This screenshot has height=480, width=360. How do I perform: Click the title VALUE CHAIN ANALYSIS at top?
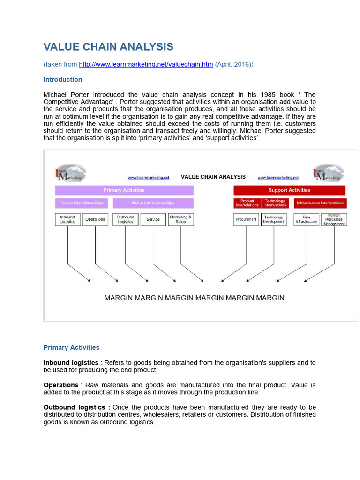[x=108, y=47]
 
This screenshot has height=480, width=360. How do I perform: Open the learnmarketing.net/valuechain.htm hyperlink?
[x=146, y=64]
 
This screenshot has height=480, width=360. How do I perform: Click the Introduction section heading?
[x=63, y=79]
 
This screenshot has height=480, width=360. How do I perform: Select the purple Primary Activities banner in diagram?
[x=124, y=190]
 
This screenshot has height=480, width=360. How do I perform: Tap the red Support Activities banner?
[x=289, y=190]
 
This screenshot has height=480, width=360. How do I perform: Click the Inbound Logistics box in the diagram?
[x=67, y=219]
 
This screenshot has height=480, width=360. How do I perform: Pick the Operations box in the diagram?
[x=95, y=219]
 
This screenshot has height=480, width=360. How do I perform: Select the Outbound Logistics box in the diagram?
[x=125, y=219]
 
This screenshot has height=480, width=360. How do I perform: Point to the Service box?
[x=153, y=219]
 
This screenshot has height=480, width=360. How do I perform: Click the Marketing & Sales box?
[x=180, y=219]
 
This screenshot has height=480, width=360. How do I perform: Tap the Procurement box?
[x=246, y=219]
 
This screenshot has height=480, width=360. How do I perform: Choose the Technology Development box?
[x=274, y=219]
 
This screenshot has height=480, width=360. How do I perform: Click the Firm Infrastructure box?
[x=307, y=219]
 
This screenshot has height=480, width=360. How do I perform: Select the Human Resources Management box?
[x=334, y=219]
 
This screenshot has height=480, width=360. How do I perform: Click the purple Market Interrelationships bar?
[x=153, y=203]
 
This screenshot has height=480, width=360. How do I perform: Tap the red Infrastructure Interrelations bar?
[x=320, y=203]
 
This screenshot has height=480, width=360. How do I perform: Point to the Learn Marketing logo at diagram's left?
[x=70, y=173]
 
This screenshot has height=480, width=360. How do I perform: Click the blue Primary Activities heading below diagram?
[x=71, y=347]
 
